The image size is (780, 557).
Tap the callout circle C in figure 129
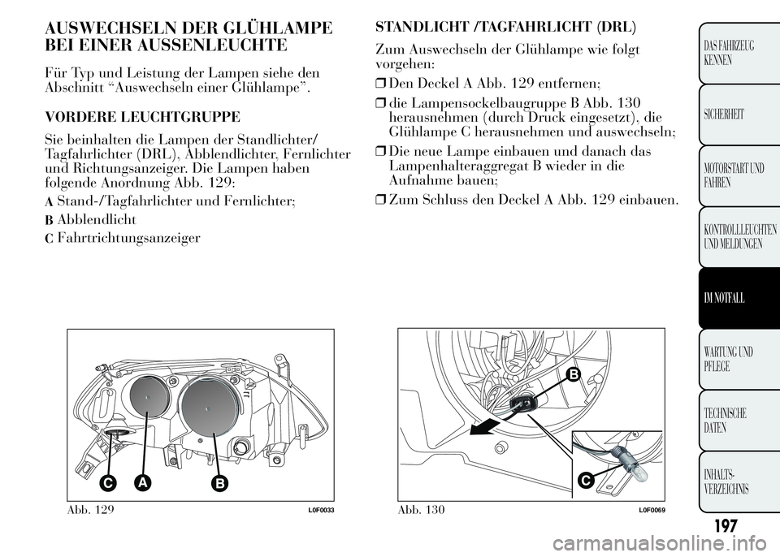(106, 482)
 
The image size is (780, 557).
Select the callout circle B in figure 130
(572, 373)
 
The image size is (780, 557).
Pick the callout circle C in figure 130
(584, 481)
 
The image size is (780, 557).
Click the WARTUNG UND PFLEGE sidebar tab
(730, 360)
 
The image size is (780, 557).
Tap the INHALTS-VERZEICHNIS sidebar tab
(730, 481)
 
